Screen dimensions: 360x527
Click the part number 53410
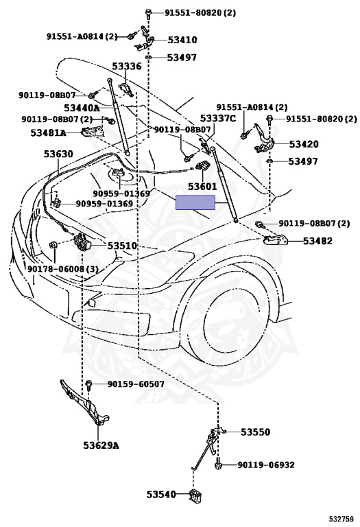click(182, 40)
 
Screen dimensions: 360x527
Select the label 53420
click(304, 144)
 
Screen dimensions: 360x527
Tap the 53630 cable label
click(58, 154)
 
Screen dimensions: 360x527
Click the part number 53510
click(122, 246)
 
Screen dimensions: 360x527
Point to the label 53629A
click(101, 445)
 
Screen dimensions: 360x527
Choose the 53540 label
click(161, 494)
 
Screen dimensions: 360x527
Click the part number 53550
click(256, 432)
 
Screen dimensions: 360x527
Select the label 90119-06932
click(266, 465)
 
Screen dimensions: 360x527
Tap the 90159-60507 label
click(136, 384)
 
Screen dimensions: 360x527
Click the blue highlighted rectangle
click(195, 202)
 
